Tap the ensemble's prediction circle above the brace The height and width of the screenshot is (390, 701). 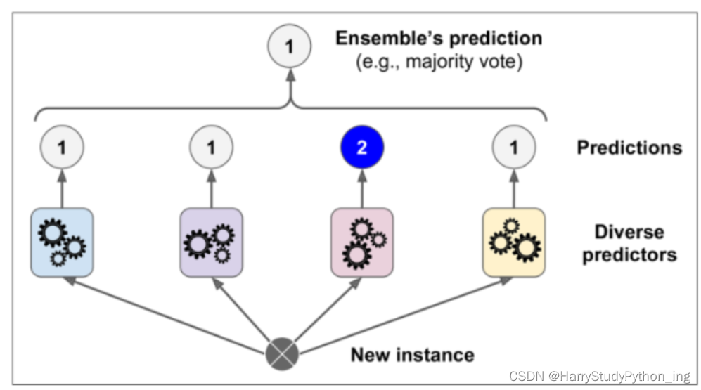(x=289, y=47)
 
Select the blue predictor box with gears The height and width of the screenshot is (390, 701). (x=62, y=242)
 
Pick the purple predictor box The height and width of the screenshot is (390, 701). (x=212, y=242)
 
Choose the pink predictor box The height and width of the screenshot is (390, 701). (x=361, y=242)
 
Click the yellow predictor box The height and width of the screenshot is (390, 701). (x=513, y=242)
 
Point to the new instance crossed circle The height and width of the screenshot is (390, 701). (x=282, y=353)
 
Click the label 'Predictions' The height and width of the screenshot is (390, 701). (x=629, y=148)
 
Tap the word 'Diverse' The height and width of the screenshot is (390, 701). (x=629, y=232)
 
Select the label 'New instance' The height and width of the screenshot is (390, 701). (x=412, y=354)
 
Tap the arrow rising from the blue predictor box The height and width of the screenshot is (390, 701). (x=62, y=186)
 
